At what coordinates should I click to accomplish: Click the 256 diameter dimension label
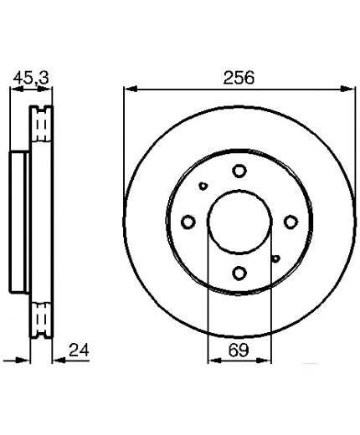coord(239,78)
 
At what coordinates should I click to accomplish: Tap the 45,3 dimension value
coord(31,78)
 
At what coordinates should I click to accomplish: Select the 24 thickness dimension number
coord(79,350)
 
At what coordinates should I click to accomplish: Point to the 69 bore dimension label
coord(239,351)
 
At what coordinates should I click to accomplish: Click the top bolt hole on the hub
coord(239,171)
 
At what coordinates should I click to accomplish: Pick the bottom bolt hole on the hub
coord(239,274)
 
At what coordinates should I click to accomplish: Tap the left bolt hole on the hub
coord(188,222)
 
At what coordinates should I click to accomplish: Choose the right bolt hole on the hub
coord(291,222)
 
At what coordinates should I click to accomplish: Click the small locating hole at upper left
coord(203,186)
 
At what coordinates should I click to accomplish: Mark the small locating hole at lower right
coord(276,258)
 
